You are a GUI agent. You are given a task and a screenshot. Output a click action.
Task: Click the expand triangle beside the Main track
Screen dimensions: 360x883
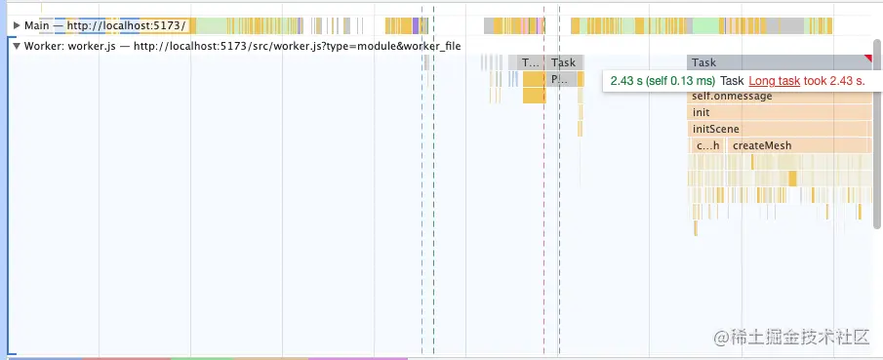pos(17,25)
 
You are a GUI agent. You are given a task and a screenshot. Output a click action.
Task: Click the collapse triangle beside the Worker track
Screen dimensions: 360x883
pos(17,46)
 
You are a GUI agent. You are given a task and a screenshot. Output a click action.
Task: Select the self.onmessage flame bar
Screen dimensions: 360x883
pos(732,97)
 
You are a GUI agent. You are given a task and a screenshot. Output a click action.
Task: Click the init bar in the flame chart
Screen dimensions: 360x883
pos(702,113)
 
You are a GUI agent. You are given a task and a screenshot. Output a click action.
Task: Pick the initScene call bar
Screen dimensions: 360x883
pos(716,129)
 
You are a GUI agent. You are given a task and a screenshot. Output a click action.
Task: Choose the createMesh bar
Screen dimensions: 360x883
pos(762,145)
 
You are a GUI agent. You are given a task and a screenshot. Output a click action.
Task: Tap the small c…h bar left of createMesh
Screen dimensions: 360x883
pos(707,145)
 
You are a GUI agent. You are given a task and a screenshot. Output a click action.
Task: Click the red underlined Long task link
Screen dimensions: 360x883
pos(774,81)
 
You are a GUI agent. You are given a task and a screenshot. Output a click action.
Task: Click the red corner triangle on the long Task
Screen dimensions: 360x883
pos(867,59)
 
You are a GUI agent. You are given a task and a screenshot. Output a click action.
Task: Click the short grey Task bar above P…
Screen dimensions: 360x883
pos(564,62)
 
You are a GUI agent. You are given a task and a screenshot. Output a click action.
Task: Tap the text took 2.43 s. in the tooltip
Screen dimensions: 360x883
pos(835,81)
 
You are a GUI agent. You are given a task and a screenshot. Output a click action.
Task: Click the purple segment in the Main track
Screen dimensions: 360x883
pos(416,25)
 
